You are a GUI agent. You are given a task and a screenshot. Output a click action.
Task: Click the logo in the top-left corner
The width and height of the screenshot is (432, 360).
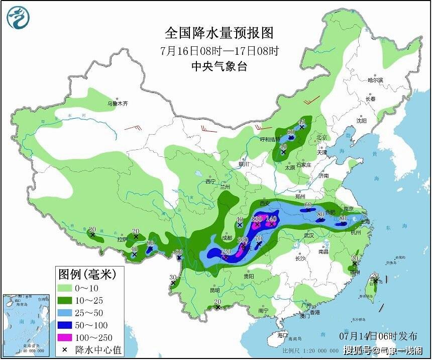click(x=18, y=18)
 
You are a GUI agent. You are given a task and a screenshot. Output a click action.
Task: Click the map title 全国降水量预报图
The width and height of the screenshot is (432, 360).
click(x=220, y=33)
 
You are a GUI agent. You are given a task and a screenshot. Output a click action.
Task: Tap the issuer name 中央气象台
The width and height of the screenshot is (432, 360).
click(x=220, y=66)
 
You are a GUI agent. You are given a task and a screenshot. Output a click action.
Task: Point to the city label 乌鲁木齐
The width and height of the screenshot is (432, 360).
click(x=118, y=104)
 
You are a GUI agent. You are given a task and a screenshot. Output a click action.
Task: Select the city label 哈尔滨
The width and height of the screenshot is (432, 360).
click(x=375, y=80)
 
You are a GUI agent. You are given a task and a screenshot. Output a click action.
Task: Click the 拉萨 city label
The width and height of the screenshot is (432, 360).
click(x=122, y=239)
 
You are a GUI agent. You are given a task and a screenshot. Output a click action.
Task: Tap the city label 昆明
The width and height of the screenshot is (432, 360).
click(x=215, y=290)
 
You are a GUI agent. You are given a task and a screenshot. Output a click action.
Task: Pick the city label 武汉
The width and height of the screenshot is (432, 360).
click(x=308, y=235)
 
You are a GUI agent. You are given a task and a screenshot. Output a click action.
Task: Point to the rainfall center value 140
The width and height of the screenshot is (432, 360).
click(x=271, y=219)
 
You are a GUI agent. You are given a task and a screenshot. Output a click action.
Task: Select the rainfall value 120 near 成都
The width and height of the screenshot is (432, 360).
click(x=226, y=251)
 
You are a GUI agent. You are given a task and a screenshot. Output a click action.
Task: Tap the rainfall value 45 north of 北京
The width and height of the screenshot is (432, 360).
click(x=302, y=122)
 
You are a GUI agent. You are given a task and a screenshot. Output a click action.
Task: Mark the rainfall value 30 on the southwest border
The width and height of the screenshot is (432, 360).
click(x=173, y=277)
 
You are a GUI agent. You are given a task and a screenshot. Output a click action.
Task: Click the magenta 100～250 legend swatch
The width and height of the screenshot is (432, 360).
click(x=65, y=337)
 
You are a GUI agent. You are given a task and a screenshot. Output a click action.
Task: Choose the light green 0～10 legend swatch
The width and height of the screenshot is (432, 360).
click(x=65, y=289)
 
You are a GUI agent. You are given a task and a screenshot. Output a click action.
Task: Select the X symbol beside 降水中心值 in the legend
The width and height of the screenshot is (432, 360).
click(x=65, y=349)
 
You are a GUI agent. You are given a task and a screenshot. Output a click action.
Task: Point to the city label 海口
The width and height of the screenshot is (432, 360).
click(x=283, y=335)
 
